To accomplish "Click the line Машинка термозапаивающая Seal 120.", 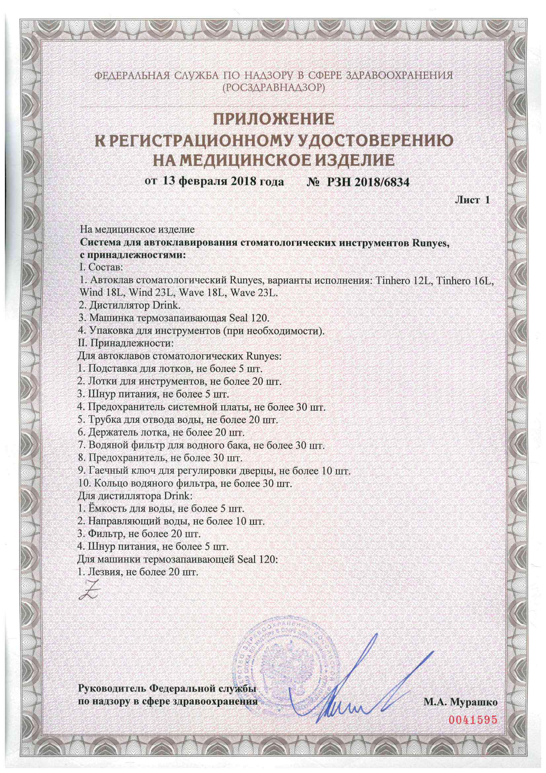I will [x=174, y=318].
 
